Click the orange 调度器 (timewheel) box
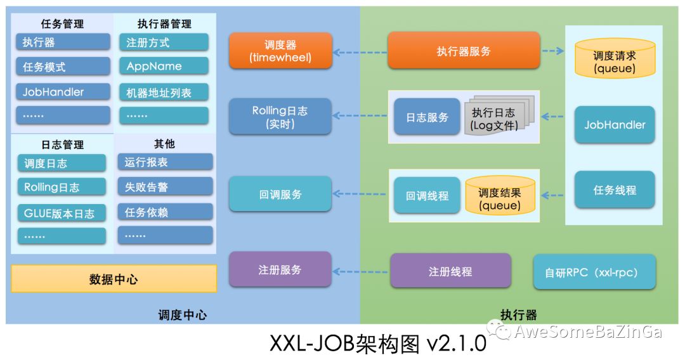point(280,52)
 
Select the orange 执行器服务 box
point(464,51)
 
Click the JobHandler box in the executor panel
point(615,125)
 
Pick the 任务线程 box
point(615,190)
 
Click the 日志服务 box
point(427,117)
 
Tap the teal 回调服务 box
point(280,195)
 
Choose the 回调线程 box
point(427,196)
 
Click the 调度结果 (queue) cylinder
point(500,196)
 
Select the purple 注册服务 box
point(280,269)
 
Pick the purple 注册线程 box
point(450,271)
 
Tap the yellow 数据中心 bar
point(114,279)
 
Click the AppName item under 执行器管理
point(163,67)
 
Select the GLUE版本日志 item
point(62,214)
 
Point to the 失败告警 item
point(165,187)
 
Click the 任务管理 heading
point(62,24)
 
